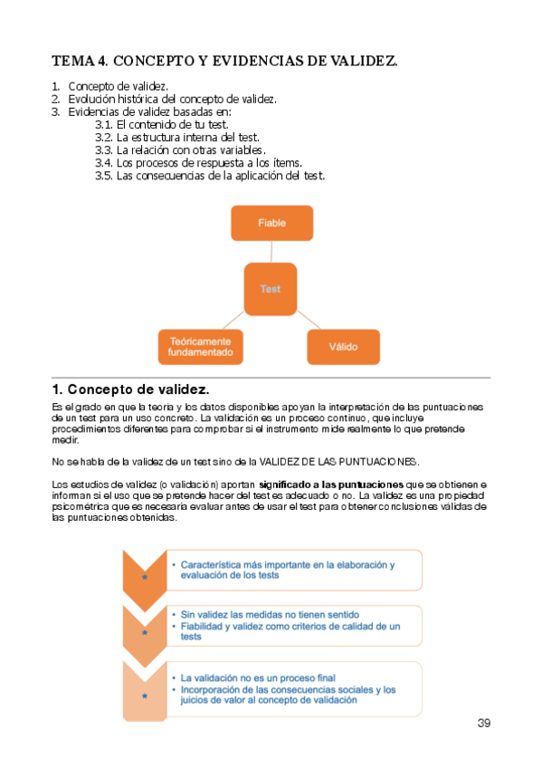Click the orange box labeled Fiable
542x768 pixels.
(x=271, y=223)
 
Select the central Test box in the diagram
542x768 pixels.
(x=270, y=289)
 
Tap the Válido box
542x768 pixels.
(x=343, y=346)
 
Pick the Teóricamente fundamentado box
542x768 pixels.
(x=200, y=346)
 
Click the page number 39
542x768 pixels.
(x=483, y=723)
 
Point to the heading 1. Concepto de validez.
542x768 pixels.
(x=131, y=389)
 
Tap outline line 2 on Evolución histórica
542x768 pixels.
(x=172, y=99)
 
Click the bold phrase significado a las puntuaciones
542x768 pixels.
(x=331, y=485)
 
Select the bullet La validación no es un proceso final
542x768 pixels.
(x=257, y=677)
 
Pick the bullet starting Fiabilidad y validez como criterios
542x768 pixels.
(x=290, y=630)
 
